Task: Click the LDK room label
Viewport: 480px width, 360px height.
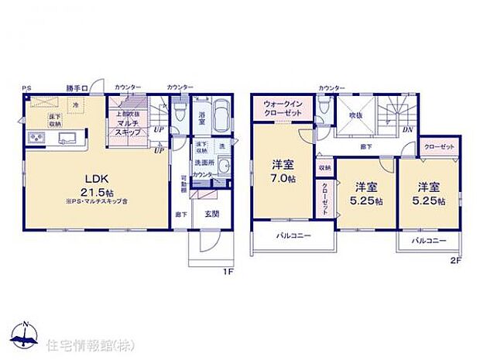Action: pos(97,175)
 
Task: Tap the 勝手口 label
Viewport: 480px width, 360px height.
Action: pos(74,87)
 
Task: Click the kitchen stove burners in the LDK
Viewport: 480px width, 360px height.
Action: pos(36,139)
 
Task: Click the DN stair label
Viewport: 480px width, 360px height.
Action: pos(406,129)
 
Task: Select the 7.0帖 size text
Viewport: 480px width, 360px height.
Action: pos(281,177)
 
